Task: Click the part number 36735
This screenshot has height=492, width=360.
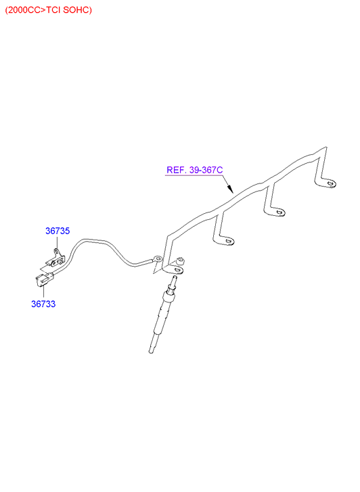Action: tap(58, 231)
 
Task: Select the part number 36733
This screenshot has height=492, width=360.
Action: tap(43, 304)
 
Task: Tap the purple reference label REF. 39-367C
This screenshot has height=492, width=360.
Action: tap(195, 170)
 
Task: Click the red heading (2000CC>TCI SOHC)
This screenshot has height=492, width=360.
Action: tap(49, 10)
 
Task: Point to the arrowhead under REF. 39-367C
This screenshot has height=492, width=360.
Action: tap(230, 189)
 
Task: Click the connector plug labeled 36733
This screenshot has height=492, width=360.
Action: tap(44, 279)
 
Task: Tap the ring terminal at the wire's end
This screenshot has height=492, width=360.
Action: tap(157, 259)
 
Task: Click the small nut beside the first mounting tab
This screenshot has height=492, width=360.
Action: tap(181, 261)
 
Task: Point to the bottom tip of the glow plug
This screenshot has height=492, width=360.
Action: tap(151, 352)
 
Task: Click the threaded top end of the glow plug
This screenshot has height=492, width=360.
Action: tap(173, 280)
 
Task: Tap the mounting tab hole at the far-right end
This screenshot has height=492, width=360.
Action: tap(330, 183)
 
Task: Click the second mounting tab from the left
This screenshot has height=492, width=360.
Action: tap(225, 240)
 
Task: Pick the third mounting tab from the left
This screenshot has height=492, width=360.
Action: tap(275, 211)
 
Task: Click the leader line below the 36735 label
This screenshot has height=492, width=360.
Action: tap(58, 242)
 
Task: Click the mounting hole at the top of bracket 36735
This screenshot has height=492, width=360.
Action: tap(56, 250)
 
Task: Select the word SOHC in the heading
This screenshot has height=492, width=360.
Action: tap(77, 10)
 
